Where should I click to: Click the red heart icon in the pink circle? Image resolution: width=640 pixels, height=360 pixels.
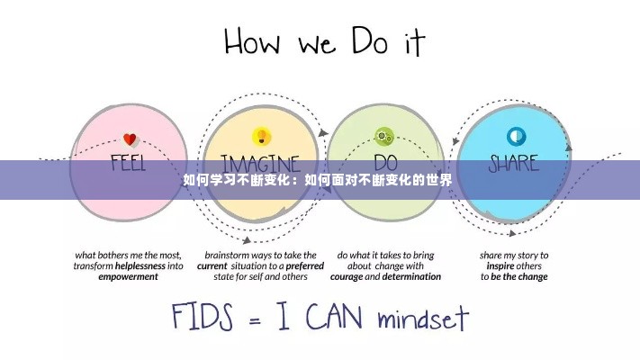(x=129, y=139)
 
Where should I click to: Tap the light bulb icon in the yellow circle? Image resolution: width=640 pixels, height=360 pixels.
(x=261, y=137)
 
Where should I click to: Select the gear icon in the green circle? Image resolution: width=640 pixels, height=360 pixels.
(x=384, y=137)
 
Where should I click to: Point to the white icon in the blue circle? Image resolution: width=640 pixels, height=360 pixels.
(x=516, y=137)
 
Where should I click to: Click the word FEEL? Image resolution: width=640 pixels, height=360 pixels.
(x=129, y=165)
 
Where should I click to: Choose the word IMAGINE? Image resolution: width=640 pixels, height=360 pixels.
(x=261, y=165)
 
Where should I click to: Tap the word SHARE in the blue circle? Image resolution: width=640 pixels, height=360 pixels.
(x=514, y=165)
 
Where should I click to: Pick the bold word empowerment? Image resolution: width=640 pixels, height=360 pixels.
(x=128, y=277)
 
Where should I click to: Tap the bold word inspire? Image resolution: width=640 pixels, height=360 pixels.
(x=500, y=265)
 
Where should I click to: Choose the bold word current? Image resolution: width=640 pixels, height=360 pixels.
(x=212, y=265)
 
